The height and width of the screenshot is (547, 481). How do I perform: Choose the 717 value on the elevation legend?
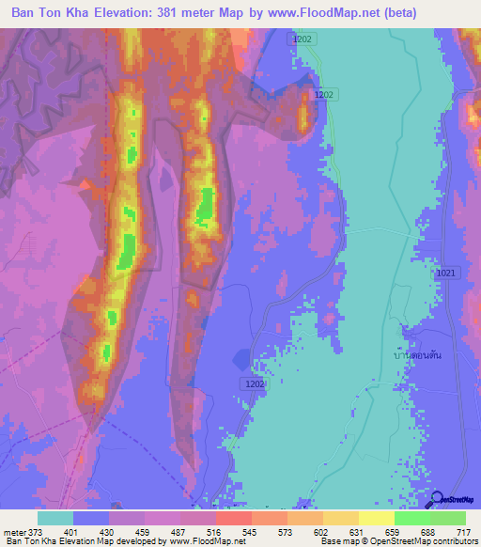click(x=463, y=533)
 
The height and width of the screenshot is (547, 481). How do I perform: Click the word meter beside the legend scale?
click(x=11, y=533)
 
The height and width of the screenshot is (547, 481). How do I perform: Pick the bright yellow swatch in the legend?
click(x=376, y=518)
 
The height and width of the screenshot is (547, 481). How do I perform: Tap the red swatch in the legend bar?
click(x=233, y=518)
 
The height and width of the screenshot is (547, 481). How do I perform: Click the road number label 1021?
click(x=446, y=272)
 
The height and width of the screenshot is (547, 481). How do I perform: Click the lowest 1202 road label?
click(x=256, y=383)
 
